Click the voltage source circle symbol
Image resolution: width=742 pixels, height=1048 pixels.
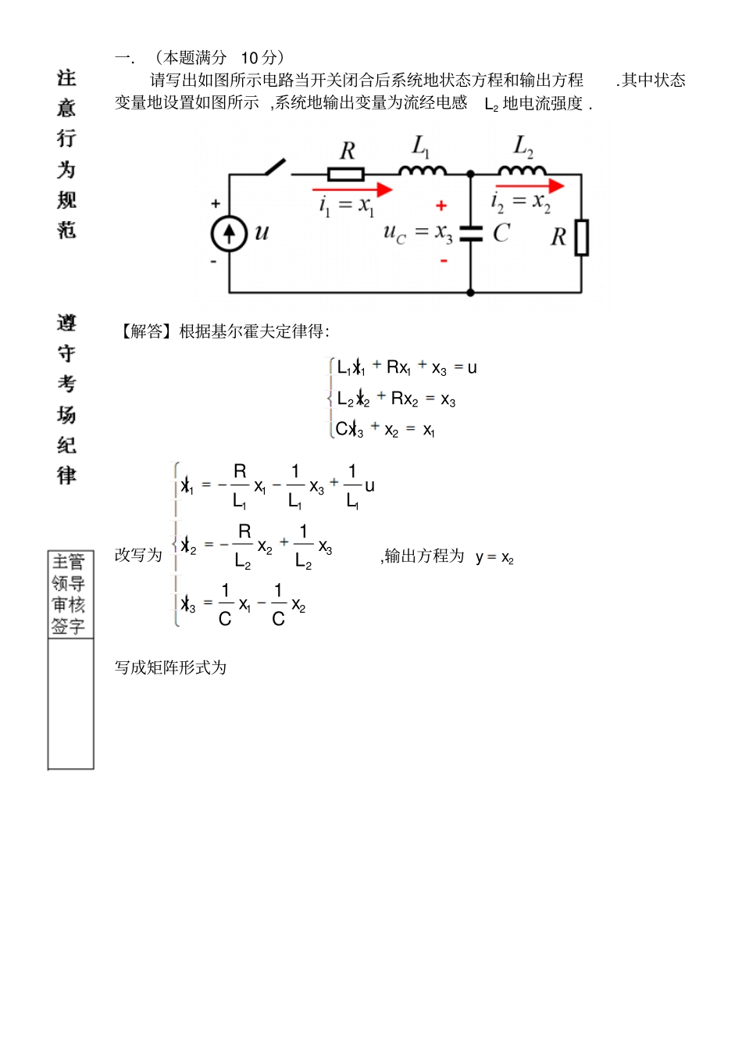(230, 234)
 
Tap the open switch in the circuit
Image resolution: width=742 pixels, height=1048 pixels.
(275, 167)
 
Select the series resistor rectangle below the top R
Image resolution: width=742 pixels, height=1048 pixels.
(346, 173)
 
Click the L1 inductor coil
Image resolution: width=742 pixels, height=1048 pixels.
(423, 170)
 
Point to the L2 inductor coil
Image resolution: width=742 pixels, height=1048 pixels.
(522, 170)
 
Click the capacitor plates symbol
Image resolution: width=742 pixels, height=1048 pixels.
(471, 232)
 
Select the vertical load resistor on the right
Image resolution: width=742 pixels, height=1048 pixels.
(582, 238)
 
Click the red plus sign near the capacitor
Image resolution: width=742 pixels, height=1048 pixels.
(441, 206)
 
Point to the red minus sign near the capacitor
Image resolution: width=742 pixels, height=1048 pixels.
(444, 260)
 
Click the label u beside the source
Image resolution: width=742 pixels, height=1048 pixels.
(262, 232)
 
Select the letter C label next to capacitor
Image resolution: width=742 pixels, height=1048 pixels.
(501, 232)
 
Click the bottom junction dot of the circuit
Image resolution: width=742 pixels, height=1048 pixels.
(471, 293)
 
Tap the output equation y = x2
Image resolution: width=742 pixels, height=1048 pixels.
(494, 557)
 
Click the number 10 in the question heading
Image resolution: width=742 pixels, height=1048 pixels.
(249, 58)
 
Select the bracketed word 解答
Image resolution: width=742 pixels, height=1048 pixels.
(146, 331)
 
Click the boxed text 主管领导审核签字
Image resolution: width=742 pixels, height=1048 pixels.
(69, 594)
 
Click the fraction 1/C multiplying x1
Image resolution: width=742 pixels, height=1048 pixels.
(225, 604)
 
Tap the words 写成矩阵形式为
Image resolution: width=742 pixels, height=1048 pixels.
(170, 667)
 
